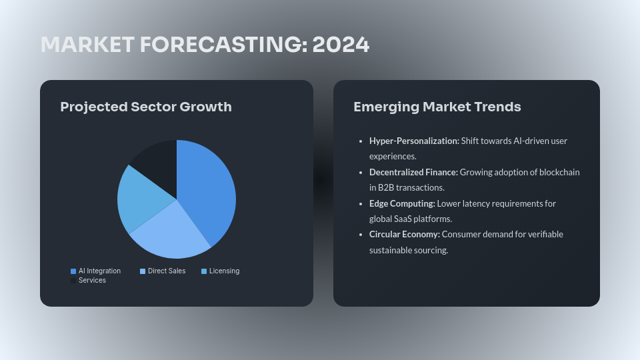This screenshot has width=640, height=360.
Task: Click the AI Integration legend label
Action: tap(99, 271)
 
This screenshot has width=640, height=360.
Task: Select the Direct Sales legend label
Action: tap(167, 271)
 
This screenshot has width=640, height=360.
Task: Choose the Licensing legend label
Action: tap(224, 271)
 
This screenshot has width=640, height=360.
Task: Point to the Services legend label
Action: tap(92, 281)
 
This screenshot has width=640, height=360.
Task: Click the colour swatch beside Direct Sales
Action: tap(143, 271)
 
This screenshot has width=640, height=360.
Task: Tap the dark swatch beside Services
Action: tap(73, 281)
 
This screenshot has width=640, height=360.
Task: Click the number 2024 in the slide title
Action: tap(341, 45)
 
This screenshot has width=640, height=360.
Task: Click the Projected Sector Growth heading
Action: tap(146, 107)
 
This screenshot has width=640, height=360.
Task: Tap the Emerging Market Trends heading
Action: tap(437, 107)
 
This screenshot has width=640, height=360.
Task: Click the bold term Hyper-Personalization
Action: tap(414, 141)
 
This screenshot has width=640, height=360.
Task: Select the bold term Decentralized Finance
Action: tap(413, 172)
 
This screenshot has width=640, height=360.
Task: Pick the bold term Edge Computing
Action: tap(402, 203)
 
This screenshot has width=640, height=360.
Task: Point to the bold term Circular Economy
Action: tap(404, 234)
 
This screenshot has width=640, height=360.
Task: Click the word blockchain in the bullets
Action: tap(559, 172)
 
